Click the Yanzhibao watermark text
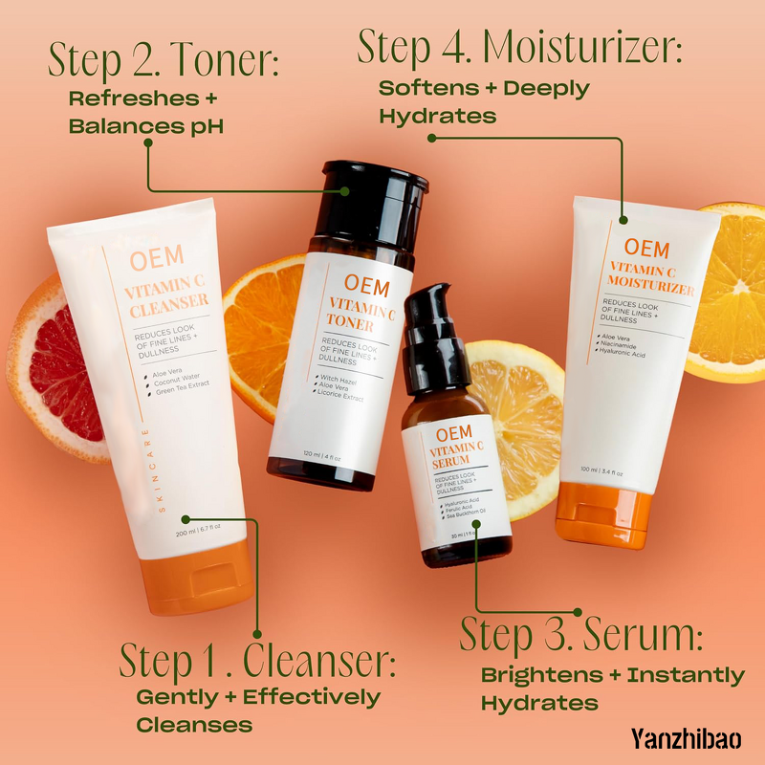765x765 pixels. pyautogui.click(x=686, y=737)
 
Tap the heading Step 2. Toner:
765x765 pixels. pyautogui.click(x=164, y=62)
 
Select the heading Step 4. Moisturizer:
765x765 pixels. pyautogui.click(x=520, y=49)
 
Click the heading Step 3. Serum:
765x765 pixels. pyautogui.click(x=581, y=635)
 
